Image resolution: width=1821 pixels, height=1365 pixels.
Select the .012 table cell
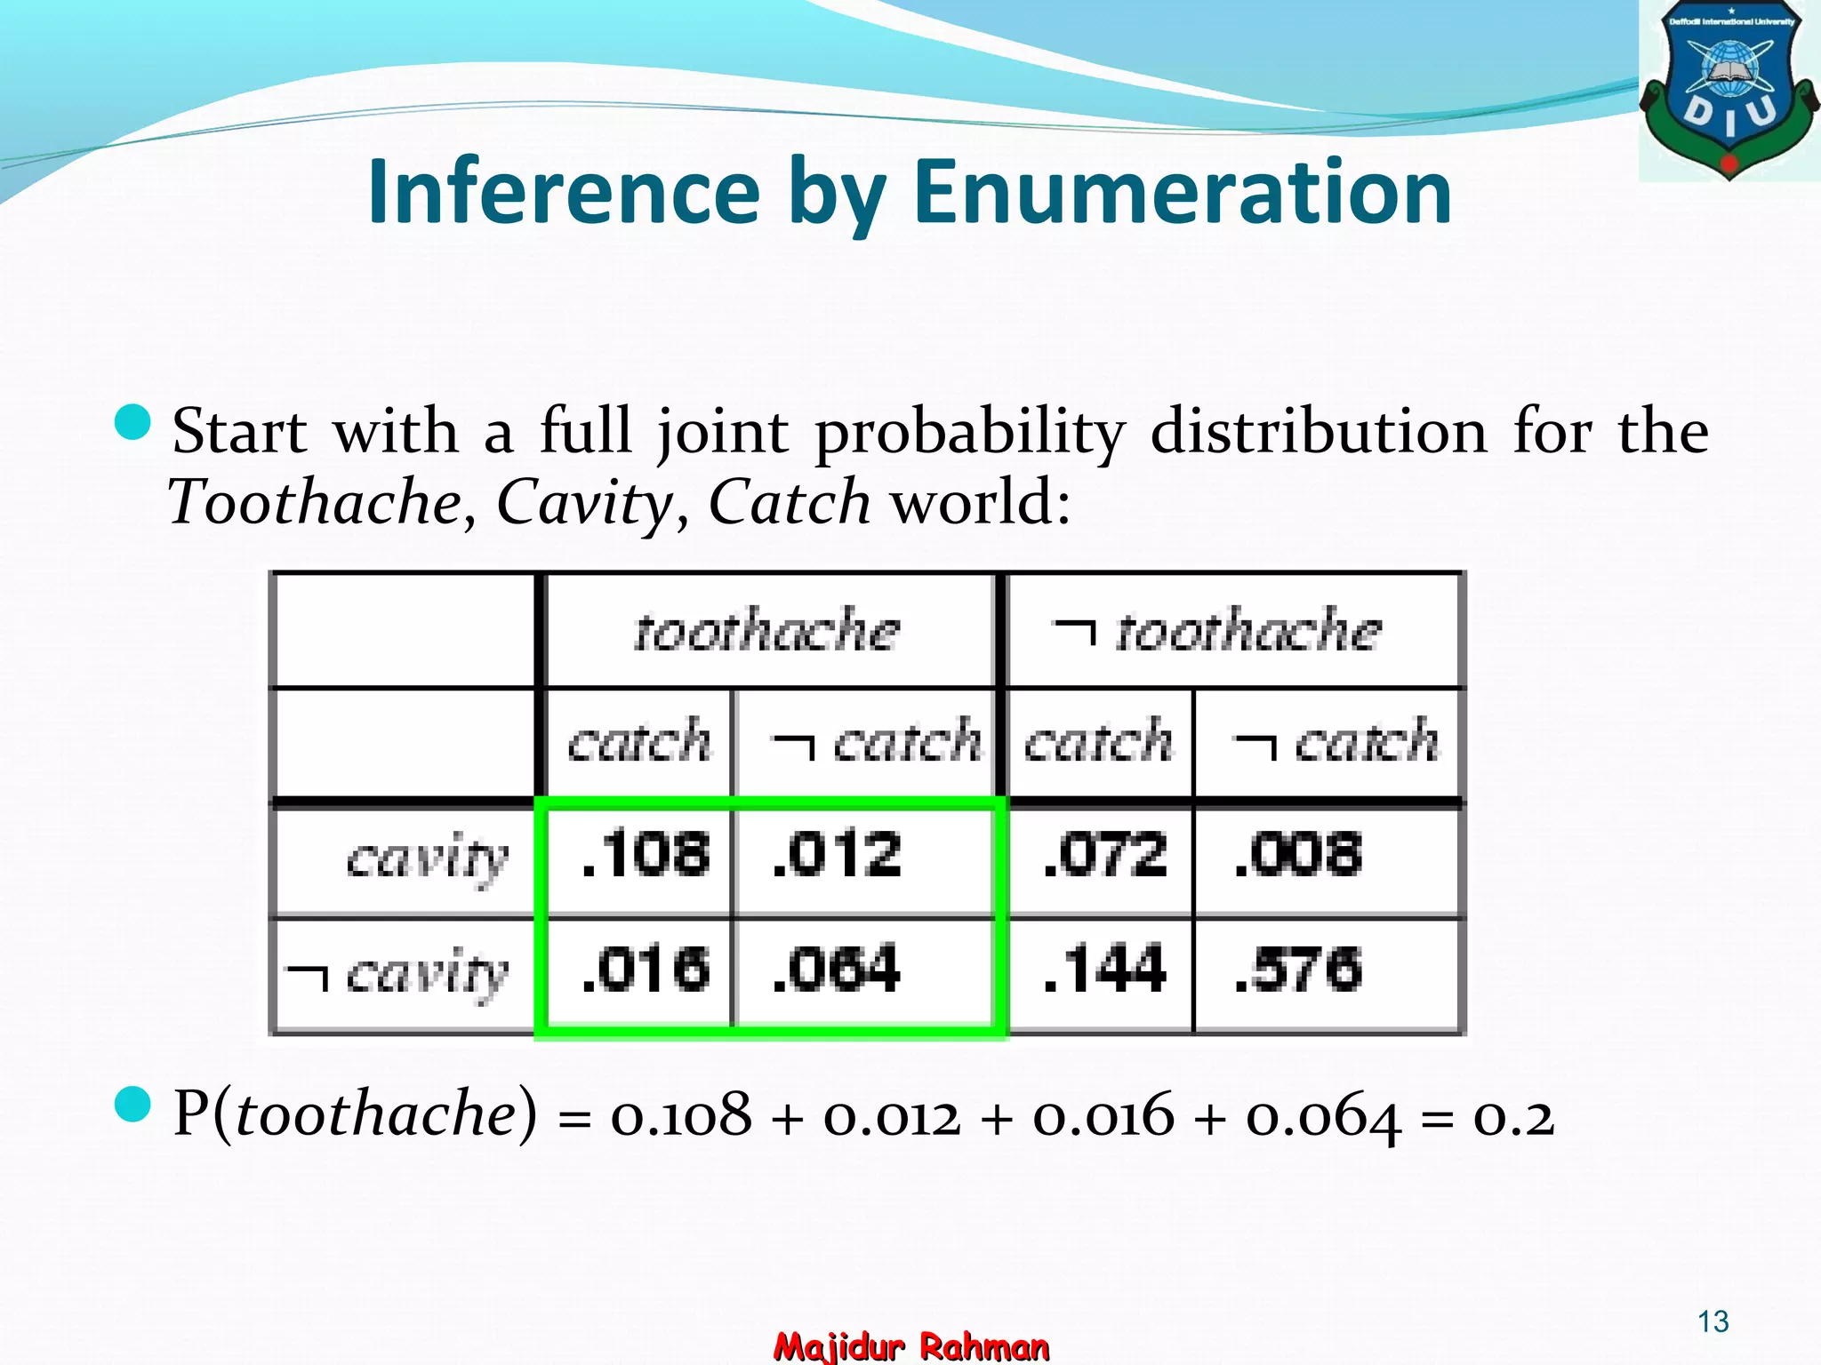[837, 855]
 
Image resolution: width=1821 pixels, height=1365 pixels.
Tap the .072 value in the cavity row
[1105, 855]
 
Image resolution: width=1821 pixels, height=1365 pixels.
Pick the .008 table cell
[1298, 855]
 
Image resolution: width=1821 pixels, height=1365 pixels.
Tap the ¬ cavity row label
[398, 974]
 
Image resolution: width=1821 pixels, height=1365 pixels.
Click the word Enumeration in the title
[1183, 192]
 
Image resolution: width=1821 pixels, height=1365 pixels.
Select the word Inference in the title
[564, 192]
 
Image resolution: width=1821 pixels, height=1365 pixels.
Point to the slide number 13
[1713, 1321]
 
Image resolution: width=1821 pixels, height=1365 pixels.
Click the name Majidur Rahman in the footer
[911, 1346]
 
